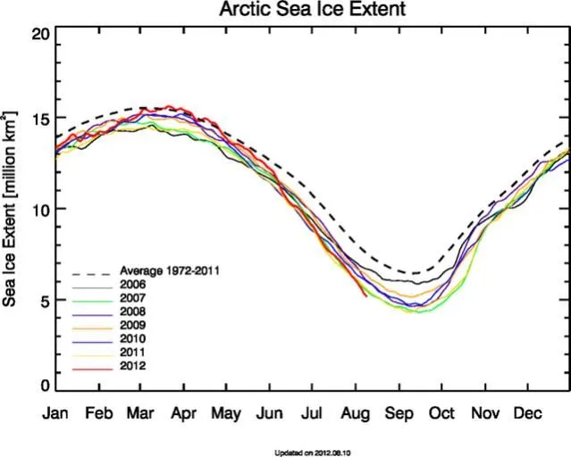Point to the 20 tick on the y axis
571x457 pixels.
click(38, 34)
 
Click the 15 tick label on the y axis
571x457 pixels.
click(38, 119)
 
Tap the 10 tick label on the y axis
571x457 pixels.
click(38, 209)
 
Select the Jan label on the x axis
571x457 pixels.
click(55, 414)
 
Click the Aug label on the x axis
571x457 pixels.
click(355, 414)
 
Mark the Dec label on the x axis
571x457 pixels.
click(525, 414)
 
